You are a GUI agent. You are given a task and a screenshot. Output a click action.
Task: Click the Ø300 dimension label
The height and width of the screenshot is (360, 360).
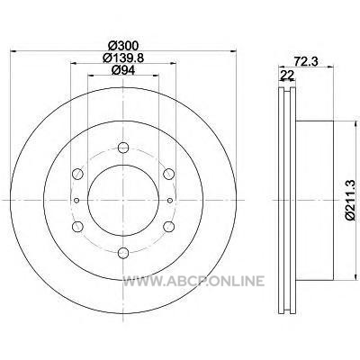coord(123,46)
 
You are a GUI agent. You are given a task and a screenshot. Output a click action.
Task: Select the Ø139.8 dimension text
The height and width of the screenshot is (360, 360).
coord(123,58)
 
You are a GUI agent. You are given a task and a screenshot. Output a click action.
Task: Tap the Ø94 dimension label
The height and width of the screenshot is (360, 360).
coord(123,69)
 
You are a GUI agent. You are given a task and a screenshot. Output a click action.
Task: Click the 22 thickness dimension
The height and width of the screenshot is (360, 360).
coord(286,76)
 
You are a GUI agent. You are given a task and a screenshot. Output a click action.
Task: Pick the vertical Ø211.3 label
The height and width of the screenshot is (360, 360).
coord(350,200)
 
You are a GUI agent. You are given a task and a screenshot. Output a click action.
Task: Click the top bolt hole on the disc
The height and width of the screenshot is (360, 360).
coord(123,148)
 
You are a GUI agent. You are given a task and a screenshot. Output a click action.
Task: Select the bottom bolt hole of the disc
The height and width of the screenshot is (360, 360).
coord(123,252)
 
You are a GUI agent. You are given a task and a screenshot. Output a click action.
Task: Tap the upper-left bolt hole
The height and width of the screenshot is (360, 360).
coord(78,174)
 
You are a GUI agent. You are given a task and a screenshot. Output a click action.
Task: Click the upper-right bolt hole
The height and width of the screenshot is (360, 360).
coord(168,174)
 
